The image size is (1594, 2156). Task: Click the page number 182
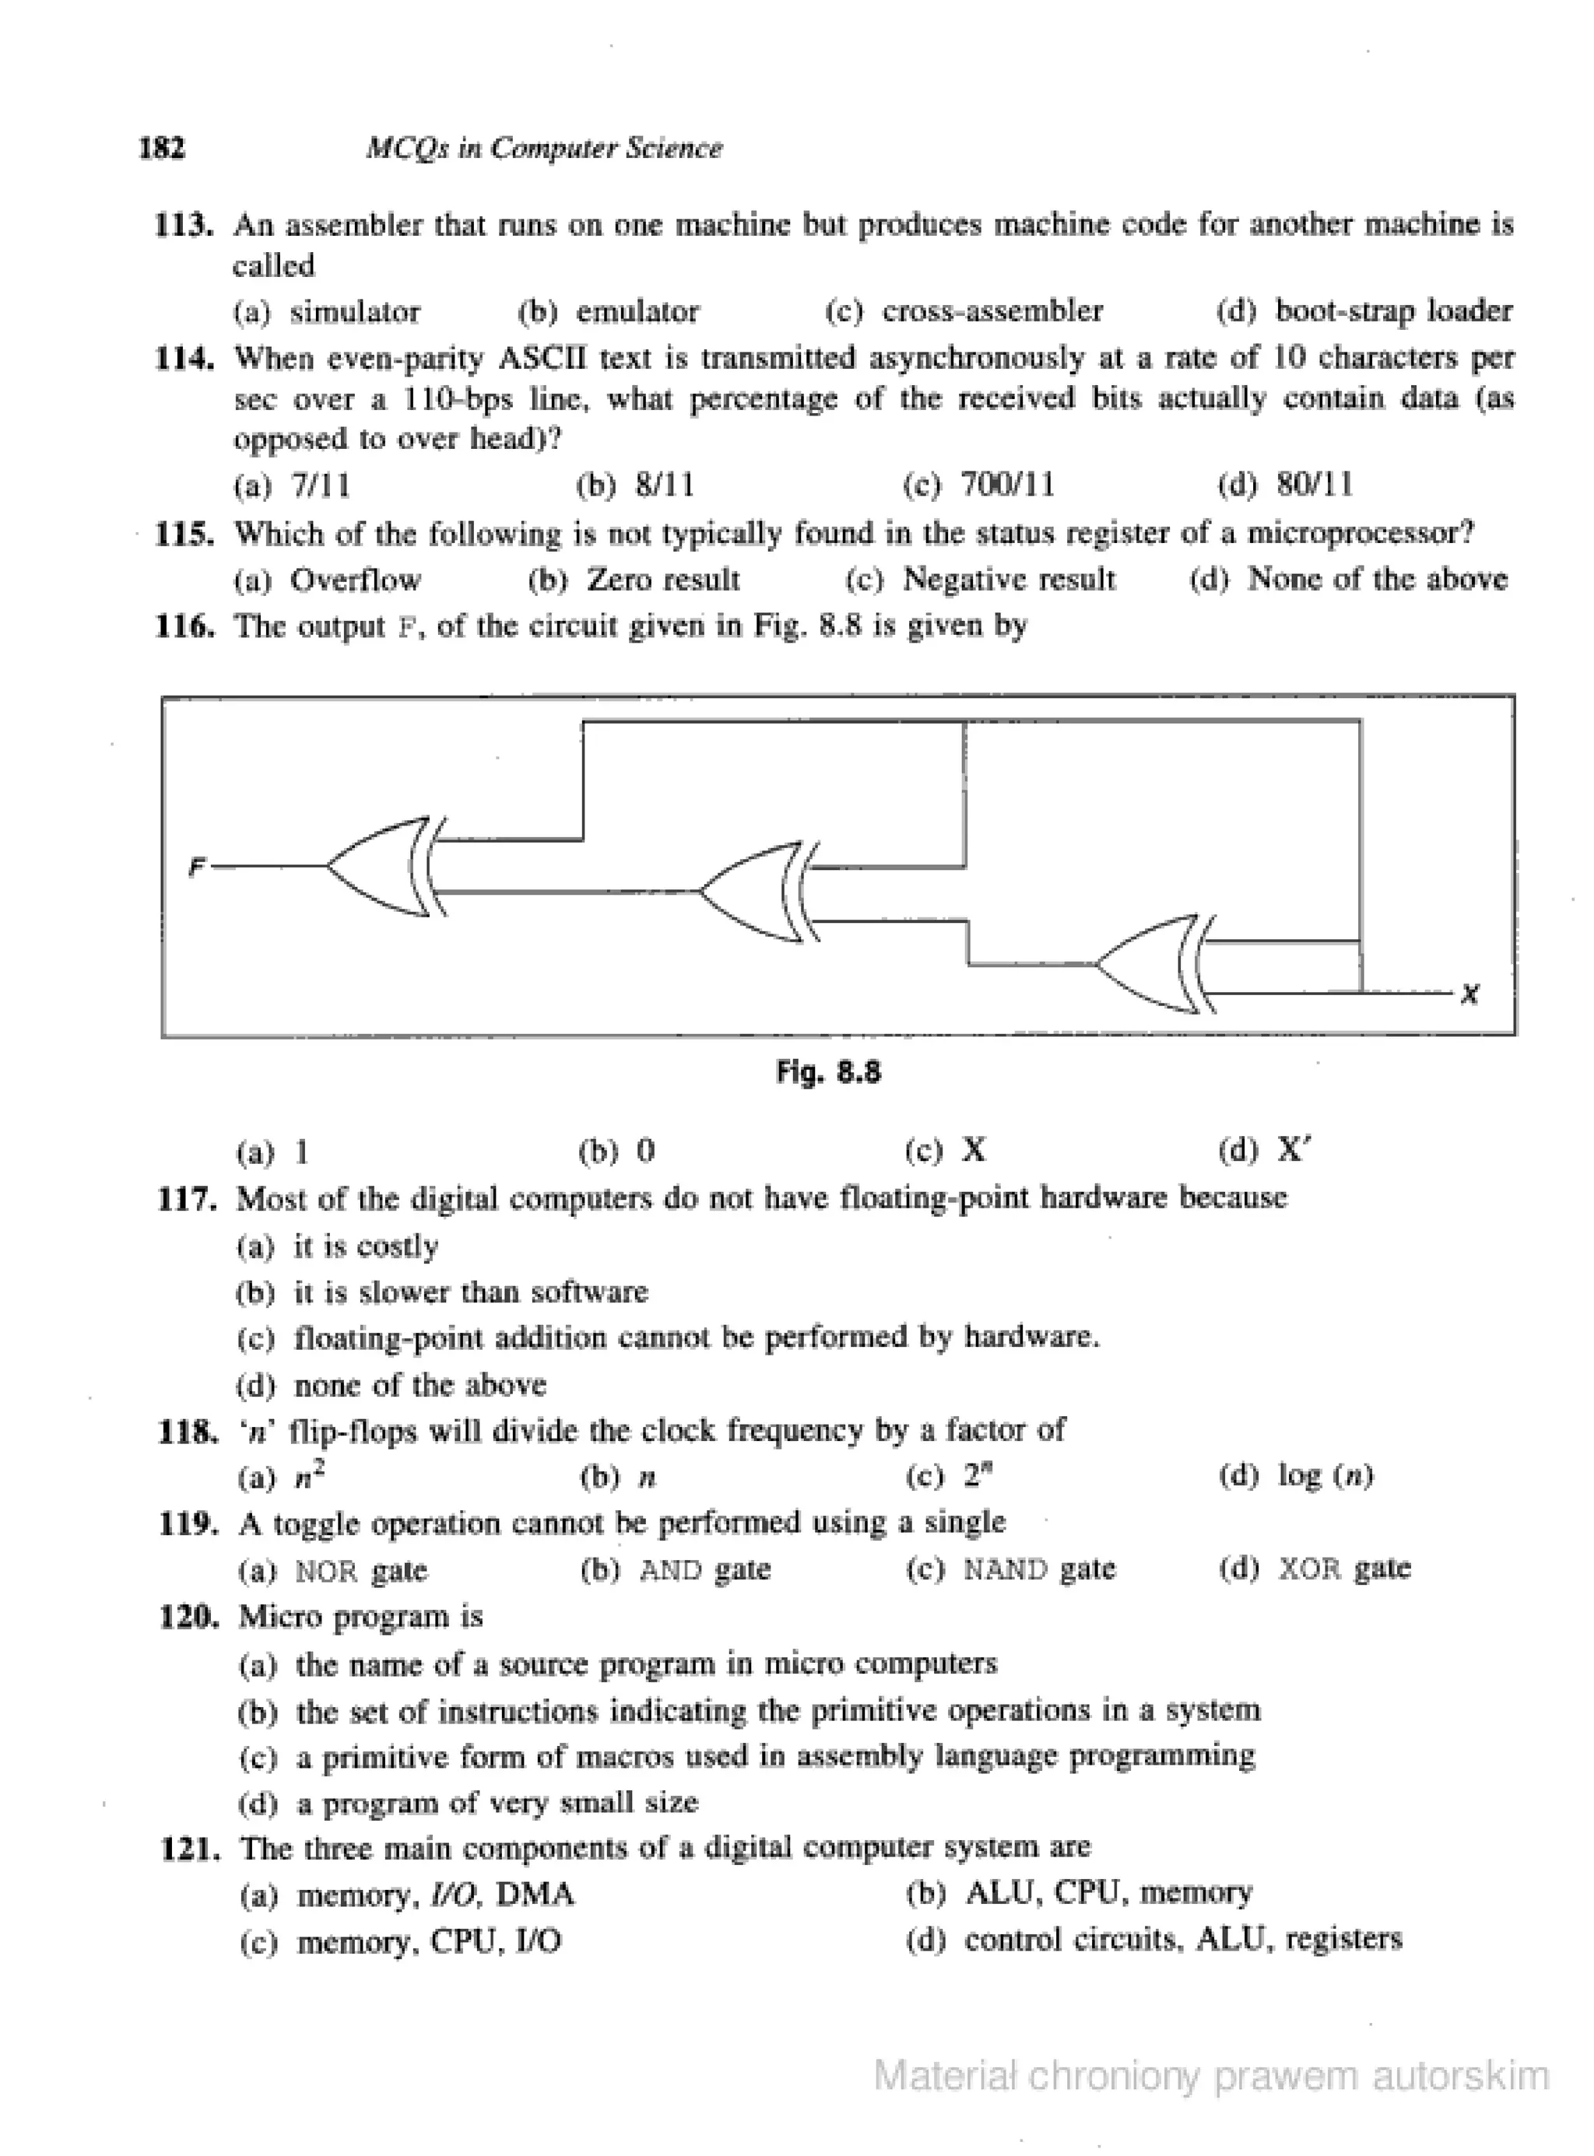pyautogui.click(x=162, y=148)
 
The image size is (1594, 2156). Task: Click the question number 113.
pyautogui.click(x=184, y=225)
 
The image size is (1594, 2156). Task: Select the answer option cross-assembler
pyautogui.click(x=991, y=310)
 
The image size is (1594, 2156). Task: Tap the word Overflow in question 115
pyautogui.click(x=355, y=579)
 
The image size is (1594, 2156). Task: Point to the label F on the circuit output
pyautogui.click(x=197, y=868)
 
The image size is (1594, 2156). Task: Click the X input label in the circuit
pyautogui.click(x=1469, y=994)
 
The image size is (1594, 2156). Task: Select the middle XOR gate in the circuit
pyautogui.click(x=757, y=892)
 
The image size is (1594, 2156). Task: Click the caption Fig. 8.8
pyautogui.click(x=828, y=1071)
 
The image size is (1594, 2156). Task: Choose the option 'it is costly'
pyautogui.click(x=366, y=1246)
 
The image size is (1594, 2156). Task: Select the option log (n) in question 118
pyautogui.click(x=1325, y=1475)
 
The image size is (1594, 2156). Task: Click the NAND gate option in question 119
pyautogui.click(x=1038, y=1569)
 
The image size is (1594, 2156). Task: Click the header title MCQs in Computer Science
pyautogui.click(x=543, y=148)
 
